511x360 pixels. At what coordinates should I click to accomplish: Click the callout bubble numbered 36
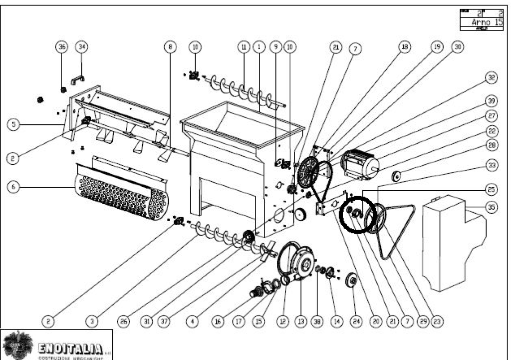62,47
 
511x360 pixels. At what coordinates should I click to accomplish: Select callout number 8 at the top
170,47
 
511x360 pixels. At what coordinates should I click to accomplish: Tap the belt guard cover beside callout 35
449,240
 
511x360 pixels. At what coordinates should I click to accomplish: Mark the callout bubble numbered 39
492,101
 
